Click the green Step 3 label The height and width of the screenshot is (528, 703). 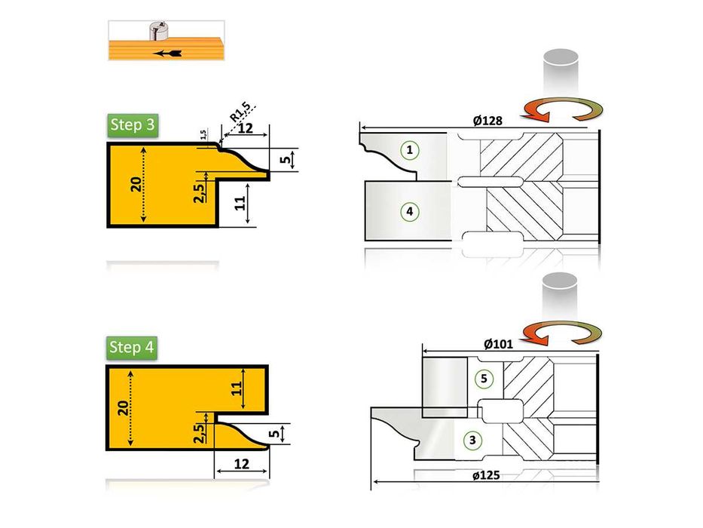pyautogui.click(x=133, y=125)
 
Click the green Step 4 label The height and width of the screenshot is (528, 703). pyautogui.click(x=132, y=348)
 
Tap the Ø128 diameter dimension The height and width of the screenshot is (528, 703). pyautogui.click(x=488, y=121)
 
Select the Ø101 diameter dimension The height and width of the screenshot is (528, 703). pyautogui.click(x=498, y=345)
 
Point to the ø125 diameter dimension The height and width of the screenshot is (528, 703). pyautogui.click(x=486, y=475)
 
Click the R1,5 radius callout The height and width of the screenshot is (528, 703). pyautogui.click(x=240, y=112)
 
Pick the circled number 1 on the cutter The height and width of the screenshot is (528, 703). pyautogui.click(x=409, y=150)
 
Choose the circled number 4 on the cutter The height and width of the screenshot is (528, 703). pyautogui.click(x=409, y=211)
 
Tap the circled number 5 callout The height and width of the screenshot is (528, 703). pyautogui.click(x=484, y=379)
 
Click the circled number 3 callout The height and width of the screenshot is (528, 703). pyautogui.click(x=472, y=440)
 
